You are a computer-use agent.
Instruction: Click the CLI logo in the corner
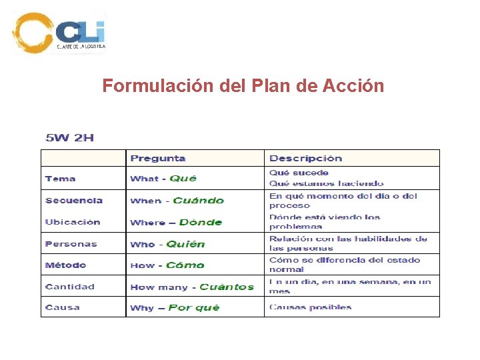pos(60,32)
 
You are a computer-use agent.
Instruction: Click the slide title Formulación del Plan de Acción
pos(243,86)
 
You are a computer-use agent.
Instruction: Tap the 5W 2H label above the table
pos(69,138)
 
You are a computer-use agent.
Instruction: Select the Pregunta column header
pos(158,158)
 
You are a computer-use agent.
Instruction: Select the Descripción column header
pos(305,158)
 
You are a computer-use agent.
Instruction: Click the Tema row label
pos(61,179)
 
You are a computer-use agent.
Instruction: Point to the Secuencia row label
pos(74,200)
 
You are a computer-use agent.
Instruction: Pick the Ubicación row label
pos(73,222)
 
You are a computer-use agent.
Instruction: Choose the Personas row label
pos(71,244)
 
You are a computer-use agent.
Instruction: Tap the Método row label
pos(65,265)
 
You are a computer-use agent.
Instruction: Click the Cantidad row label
pos(70,287)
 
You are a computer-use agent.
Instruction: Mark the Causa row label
pos(63,307)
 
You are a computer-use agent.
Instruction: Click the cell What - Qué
pos(163,179)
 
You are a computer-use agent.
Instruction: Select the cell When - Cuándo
pos(177,200)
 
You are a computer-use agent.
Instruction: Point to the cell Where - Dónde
pos(176,222)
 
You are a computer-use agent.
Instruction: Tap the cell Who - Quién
pos(167,244)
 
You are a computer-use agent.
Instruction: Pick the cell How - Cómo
pos(167,265)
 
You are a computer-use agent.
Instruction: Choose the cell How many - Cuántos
pos(192,287)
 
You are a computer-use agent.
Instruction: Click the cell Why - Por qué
pos(175,307)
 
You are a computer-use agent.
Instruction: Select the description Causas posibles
pos(310,307)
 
